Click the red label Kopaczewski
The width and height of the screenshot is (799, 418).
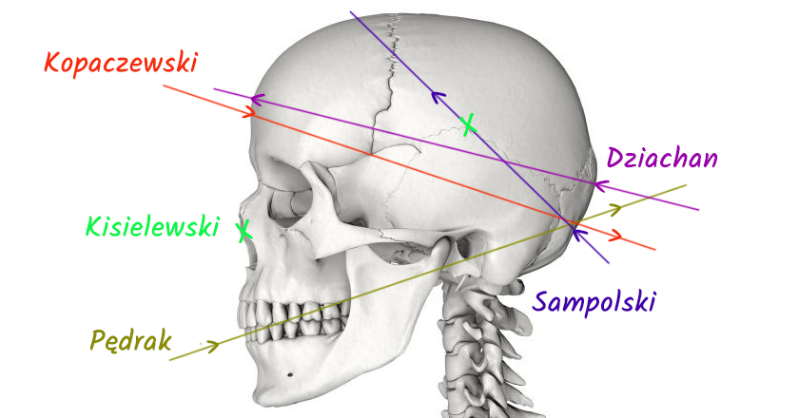click(120, 64)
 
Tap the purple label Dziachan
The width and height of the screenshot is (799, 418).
click(661, 158)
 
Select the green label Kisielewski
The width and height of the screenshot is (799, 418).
click(152, 226)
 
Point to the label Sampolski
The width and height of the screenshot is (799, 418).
click(595, 302)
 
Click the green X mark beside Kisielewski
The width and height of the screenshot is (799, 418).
click(244, 230)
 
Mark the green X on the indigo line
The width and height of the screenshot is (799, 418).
click(467, 124)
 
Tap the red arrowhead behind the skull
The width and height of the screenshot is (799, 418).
click(619, 237)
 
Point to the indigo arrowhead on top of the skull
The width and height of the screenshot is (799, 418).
click(438, 95)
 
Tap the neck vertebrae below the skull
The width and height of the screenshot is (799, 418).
click(472, 342)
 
